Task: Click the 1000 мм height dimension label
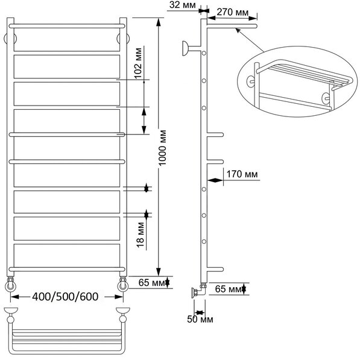point(162,148)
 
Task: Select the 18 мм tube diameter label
point(141,235)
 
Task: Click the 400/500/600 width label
point(65,297)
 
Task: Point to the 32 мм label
point(182,5)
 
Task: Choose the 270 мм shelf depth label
point(233,12)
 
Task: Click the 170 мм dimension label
point(242,174)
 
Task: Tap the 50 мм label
point(200,319)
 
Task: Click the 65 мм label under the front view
point(152,282)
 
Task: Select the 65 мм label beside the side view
point(229,288)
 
